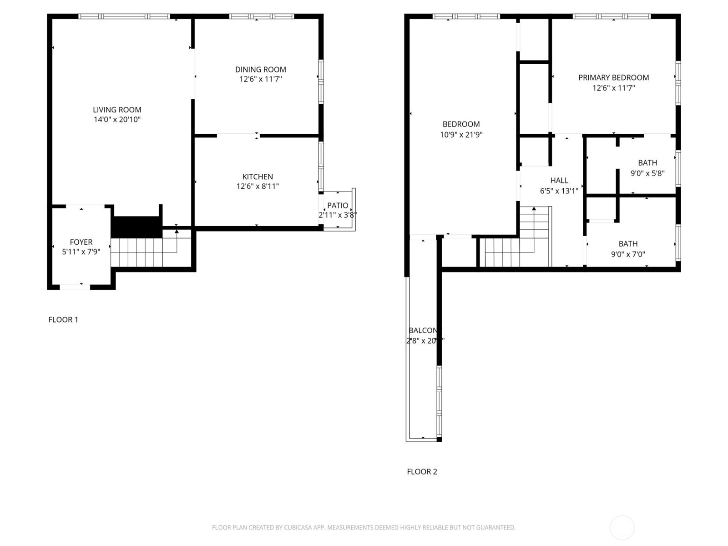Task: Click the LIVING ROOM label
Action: point(117,110)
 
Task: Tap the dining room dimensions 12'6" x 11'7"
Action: point(261,79)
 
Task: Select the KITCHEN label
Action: point(258,177)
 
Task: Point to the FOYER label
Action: point(81,242)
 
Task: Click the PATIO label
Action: point(338,206)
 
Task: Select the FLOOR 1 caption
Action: point(63,320)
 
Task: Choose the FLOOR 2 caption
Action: point(422,472)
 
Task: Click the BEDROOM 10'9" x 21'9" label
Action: point(461,124)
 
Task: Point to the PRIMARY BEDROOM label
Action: point(613,78)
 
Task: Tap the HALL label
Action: point(559,181)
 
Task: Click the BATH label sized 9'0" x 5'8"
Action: point(647,163)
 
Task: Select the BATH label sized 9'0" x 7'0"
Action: point(628,244)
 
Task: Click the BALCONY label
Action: point(425,331)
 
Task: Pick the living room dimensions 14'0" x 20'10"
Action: point(117,120)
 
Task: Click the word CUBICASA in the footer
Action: point(297,528)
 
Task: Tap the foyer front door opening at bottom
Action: point(75,287)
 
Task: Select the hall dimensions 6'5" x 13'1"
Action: point(559,191)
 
